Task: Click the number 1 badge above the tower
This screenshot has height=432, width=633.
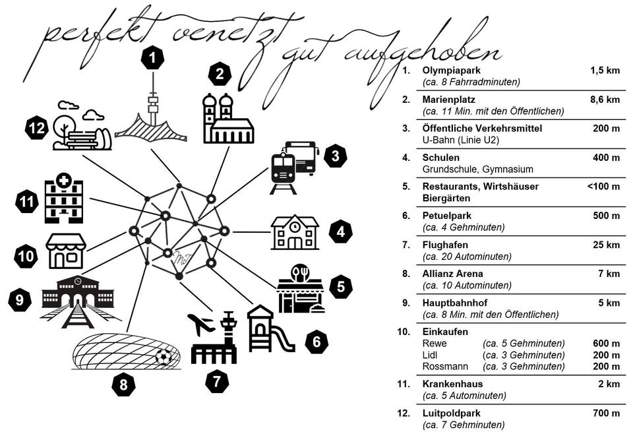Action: (153, 59)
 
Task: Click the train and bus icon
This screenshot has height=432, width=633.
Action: (295, 167)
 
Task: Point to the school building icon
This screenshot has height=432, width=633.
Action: (295, 232)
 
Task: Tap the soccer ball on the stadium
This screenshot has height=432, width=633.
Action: (164, 357)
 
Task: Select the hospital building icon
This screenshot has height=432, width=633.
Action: (63, 198)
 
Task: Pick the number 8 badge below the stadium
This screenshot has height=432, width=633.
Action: (123, 385)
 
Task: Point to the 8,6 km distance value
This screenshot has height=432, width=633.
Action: (605, 100)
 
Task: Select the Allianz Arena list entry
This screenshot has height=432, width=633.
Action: (452, 274)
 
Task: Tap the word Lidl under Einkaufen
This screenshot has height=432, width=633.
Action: (431, 355)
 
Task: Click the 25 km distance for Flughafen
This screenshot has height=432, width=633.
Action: (607, 245)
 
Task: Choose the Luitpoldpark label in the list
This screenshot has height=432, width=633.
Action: (451, 414)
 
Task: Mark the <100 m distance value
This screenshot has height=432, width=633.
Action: (603, 187)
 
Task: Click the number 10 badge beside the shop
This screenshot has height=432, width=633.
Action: (27, 256)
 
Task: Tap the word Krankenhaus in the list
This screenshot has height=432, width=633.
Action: (452, 384)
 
